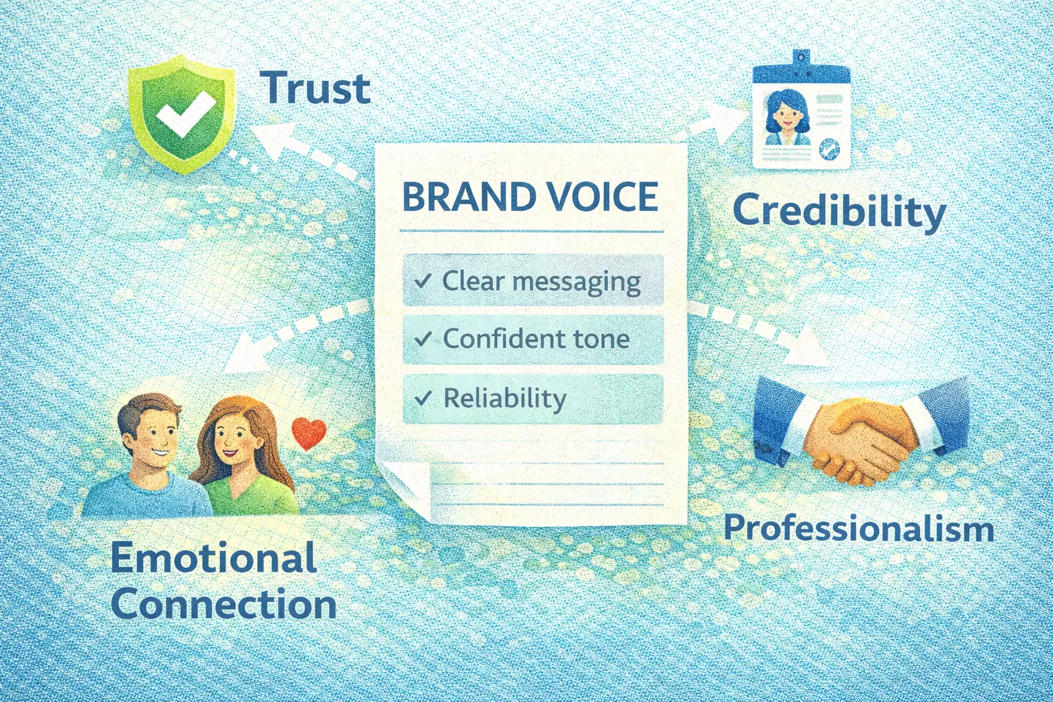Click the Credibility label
click(x=838, y=211)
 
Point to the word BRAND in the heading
click(x=469, y=197)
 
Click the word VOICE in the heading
click(x=601, y=197)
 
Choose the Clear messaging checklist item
click(x=533, y=280)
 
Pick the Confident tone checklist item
click(x=533, y=339)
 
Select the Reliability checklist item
click(x=533, y=398)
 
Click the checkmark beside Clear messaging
click(x=422, y=280)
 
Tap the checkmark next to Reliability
click(x=423, y=398)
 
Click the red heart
click(x=308, y=433)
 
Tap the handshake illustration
click(x=860, y=435)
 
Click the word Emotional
click(x=213, y=558)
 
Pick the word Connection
click(x=223, y=605)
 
